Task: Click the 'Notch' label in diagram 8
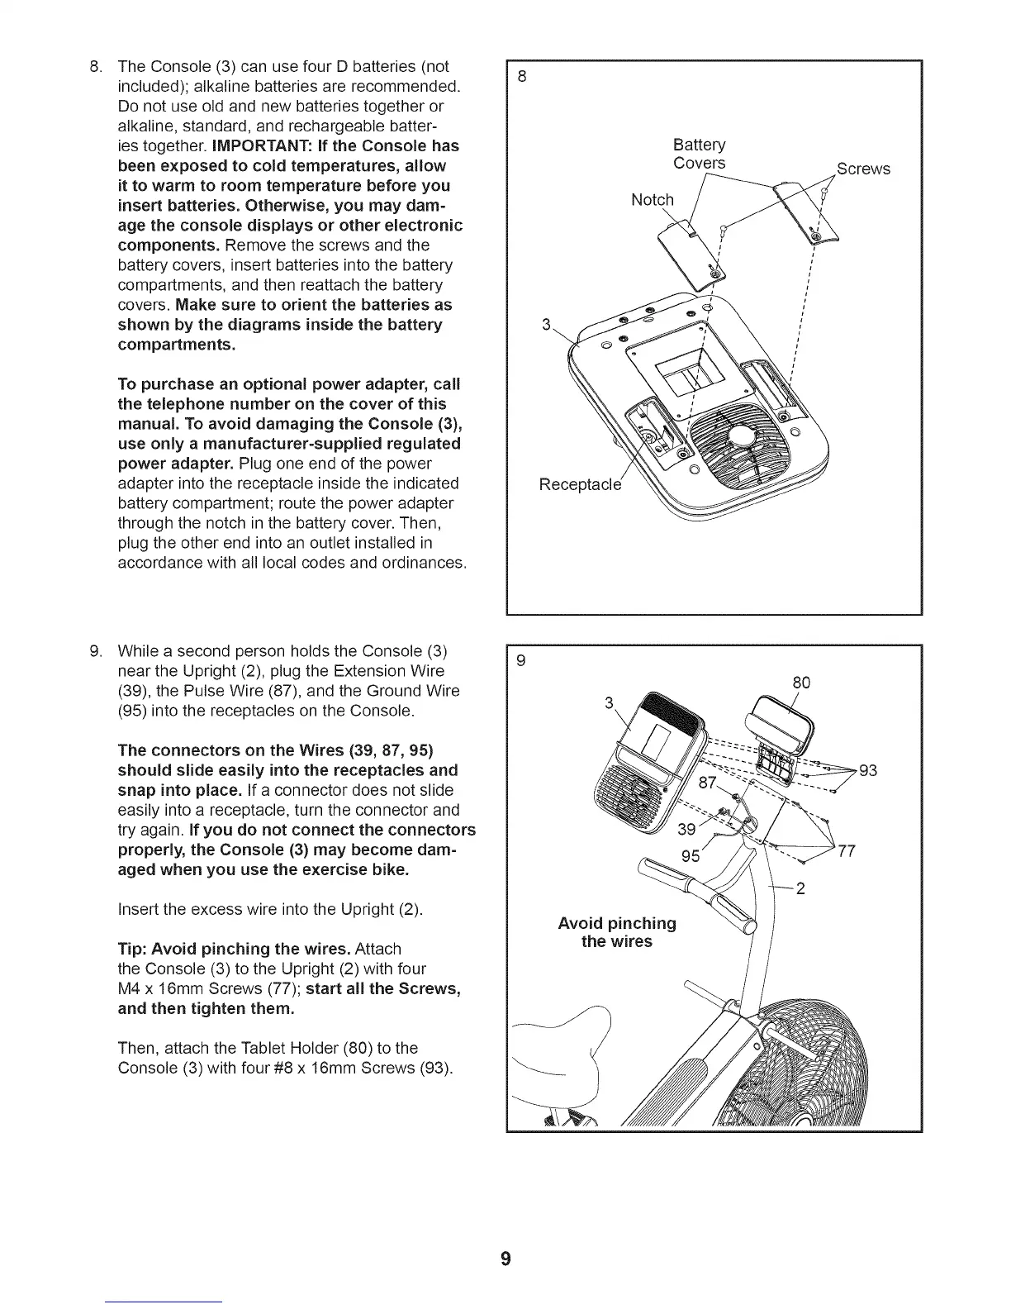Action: (652, 200)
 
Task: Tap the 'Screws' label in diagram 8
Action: (863, 169)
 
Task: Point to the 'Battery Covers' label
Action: (700, 154)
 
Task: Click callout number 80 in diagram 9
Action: (800, 683)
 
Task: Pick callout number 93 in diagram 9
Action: (868, 771)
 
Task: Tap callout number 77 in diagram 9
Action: (847, 852)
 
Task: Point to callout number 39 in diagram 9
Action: (686, 830)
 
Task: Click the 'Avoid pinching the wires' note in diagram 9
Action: (617, 932)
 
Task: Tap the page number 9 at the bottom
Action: (505, 1259)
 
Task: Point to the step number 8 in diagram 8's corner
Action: (522, 77)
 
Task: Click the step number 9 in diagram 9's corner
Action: (521, 660)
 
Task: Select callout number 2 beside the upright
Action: (800, 890)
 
